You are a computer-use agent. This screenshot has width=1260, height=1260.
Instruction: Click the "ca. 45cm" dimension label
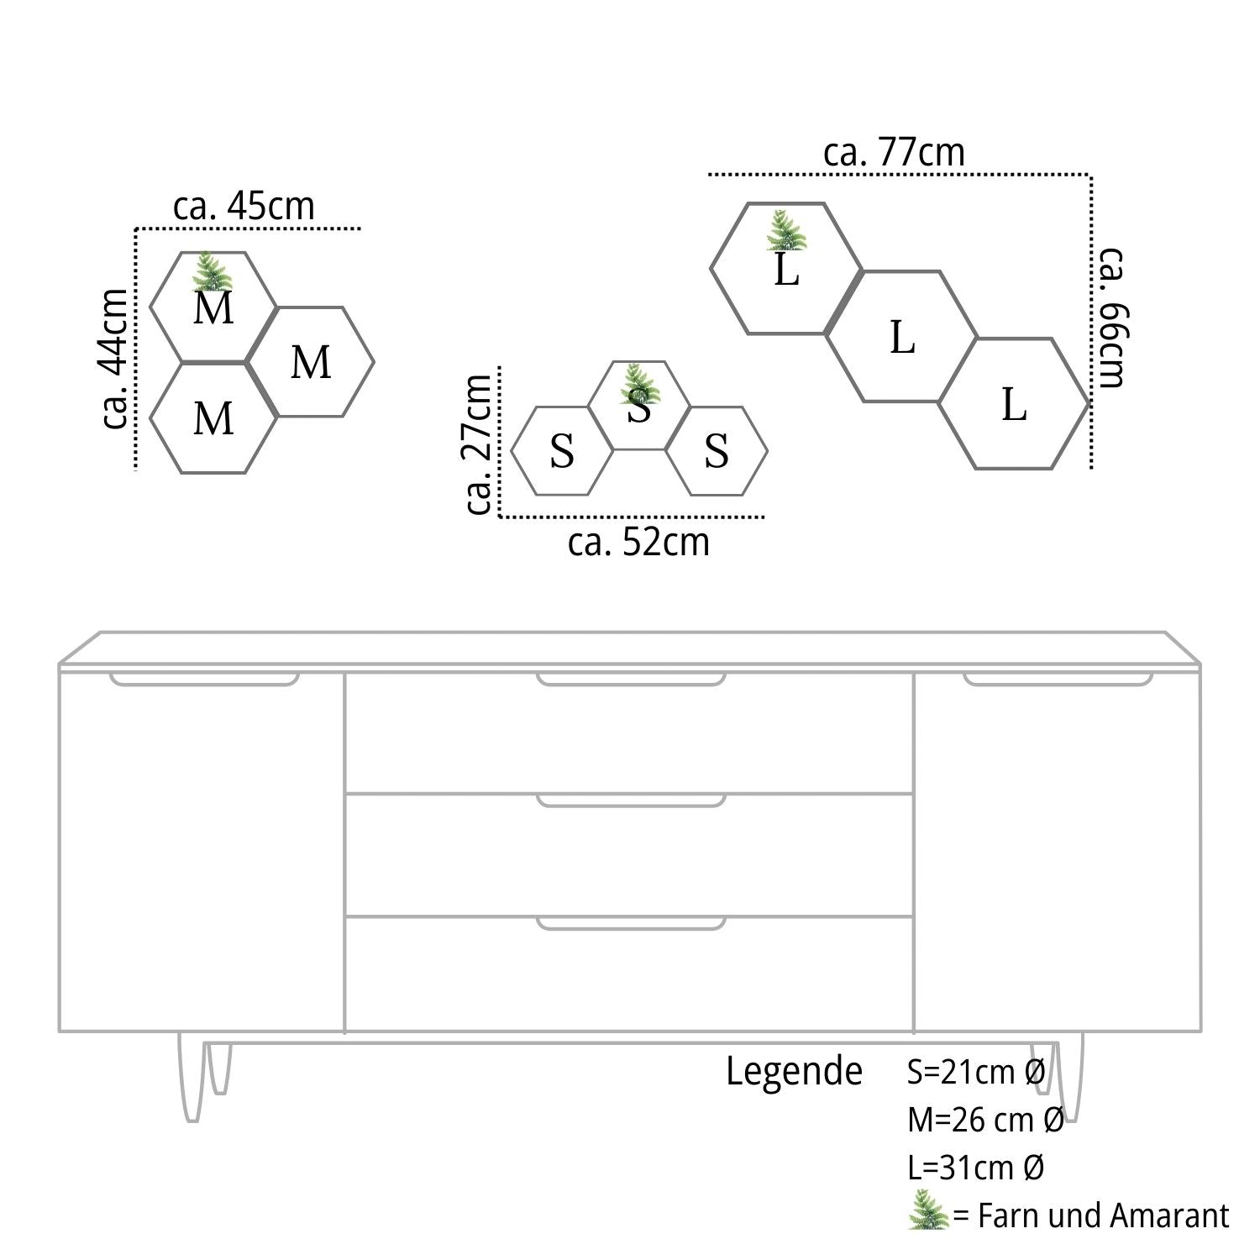pos(244,207)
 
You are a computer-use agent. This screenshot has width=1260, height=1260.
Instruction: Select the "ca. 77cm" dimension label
pos(894,153)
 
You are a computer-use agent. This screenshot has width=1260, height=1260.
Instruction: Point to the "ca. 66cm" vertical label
pos(1111,318)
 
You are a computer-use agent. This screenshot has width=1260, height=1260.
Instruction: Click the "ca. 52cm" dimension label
pos(638,543)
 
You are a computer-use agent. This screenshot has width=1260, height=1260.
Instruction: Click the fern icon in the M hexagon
pos(212,271)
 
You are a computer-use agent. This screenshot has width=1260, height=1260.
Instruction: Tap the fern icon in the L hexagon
pos(786,231)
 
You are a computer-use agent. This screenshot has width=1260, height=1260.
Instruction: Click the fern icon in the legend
pos(928,1210)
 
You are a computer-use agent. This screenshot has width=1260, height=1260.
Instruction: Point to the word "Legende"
pos(794,1072)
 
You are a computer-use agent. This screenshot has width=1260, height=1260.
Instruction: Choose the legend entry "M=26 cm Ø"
pos(985,1120)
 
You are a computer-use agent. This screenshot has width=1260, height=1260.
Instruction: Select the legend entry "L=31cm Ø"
pos(975,1168)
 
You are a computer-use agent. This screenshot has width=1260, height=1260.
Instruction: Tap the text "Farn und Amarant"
pos(1103,1215)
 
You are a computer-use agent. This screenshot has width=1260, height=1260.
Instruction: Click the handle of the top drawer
pos(631,679)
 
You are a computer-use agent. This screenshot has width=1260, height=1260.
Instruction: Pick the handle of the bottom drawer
pos(631,923)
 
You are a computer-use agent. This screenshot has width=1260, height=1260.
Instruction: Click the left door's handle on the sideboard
pos(204,679)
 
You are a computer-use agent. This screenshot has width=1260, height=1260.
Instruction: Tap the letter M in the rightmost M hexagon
pos(311,363)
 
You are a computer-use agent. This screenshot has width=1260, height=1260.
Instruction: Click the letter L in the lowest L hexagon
pos(1014,405)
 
